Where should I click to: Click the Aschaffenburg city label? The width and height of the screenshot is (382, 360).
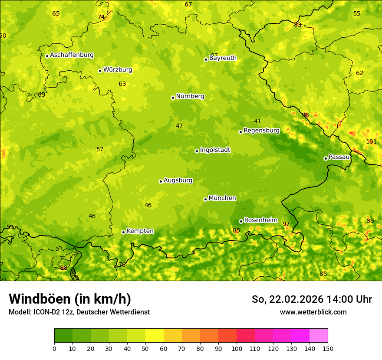72,55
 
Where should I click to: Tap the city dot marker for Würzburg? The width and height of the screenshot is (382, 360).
100,71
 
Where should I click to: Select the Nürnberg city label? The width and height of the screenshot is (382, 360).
190,96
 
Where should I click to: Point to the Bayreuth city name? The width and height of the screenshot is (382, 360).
223,58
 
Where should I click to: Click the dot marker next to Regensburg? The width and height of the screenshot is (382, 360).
240,132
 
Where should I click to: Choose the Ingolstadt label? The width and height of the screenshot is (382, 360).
215,150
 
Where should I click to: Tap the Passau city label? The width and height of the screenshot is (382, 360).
339,157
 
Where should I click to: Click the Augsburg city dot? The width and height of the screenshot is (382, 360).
161,181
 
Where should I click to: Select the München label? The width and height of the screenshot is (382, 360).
222,198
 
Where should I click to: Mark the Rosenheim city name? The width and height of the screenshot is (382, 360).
260,220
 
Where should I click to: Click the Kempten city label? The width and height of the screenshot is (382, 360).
140,231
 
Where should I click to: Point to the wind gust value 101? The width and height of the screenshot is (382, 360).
371,141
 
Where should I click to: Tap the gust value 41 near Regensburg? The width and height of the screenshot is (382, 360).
257,121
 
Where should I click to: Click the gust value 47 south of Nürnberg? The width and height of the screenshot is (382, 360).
179,126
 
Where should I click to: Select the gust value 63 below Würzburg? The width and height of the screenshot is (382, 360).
122,84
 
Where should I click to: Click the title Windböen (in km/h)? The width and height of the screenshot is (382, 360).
70,299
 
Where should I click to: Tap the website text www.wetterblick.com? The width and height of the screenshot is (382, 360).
313,312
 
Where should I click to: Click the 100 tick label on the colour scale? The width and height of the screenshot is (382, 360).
237,348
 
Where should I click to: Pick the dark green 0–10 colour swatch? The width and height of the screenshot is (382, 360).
63,336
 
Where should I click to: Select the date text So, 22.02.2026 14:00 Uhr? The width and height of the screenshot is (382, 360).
312,299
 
